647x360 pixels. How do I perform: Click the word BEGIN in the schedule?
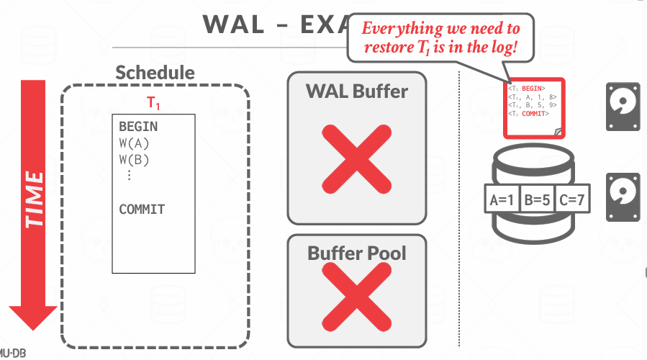(138, 127)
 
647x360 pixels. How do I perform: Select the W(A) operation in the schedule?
(134, 143)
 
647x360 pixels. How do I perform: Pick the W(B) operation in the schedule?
(134, 159)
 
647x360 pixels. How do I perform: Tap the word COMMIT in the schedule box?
(142, 210)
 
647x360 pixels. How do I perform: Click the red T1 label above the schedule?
(154, 104)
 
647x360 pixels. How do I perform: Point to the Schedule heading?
(155, 73)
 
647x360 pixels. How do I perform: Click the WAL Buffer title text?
(357, 91)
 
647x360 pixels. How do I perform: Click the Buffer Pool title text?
(357, 253)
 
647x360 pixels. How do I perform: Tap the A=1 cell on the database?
(501, 200)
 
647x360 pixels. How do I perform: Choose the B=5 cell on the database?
(537, 200)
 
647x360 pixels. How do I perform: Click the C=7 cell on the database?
(572, 200)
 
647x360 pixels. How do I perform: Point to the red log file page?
(533, 108)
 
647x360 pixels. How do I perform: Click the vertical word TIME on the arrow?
(33, 199)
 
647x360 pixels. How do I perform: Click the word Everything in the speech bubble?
(401, 30)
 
